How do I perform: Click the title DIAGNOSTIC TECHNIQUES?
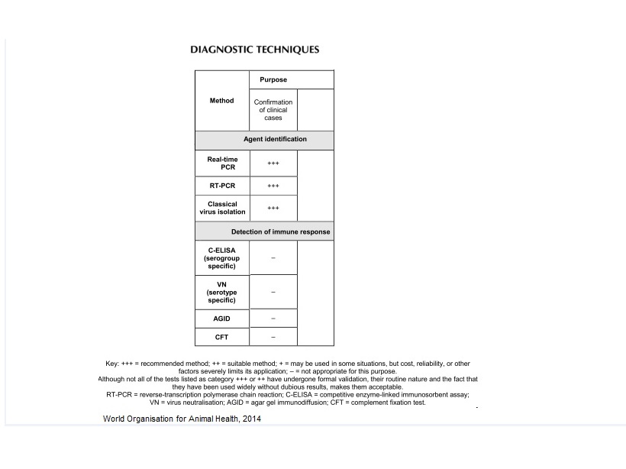click(x=254, y=50)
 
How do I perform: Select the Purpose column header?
click(x=273, y=79)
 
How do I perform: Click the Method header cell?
click(x=221, y=101)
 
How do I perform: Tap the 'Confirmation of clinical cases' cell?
click(x=273, y=110)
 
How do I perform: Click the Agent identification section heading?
click(x=275, y=140)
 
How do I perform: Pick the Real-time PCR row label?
click(x=222, y=163)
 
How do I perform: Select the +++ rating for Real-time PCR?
click(x=273, y=163)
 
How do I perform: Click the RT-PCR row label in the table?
click(x=222, y=186)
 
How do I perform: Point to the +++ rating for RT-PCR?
click(x=273, y=186)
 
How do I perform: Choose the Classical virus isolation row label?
click(x=222, y=208)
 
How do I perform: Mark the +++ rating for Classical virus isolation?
click(x=273, y=208)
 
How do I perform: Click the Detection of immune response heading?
click(x=281, y=231)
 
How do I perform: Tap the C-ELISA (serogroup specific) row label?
click(x=222, y=257)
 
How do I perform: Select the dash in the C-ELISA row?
click(x=273, y=258)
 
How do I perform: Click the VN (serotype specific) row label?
click(x=222, y=292)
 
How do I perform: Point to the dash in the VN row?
click(x=273, y=293)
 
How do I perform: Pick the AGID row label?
click(x=222, y=319)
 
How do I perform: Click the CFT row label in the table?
click(x=222, y=337)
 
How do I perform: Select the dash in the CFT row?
click(x=273, y=337)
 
